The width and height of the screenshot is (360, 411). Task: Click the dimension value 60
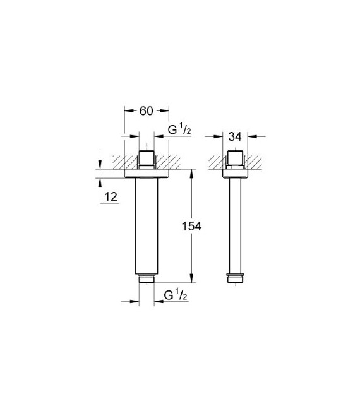[146, 111]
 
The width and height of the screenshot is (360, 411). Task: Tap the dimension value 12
[111, 198]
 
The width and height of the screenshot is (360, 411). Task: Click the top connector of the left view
[146, 158]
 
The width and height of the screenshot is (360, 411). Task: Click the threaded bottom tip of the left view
[146, 278]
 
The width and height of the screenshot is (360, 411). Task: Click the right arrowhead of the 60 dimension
[165, 111]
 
